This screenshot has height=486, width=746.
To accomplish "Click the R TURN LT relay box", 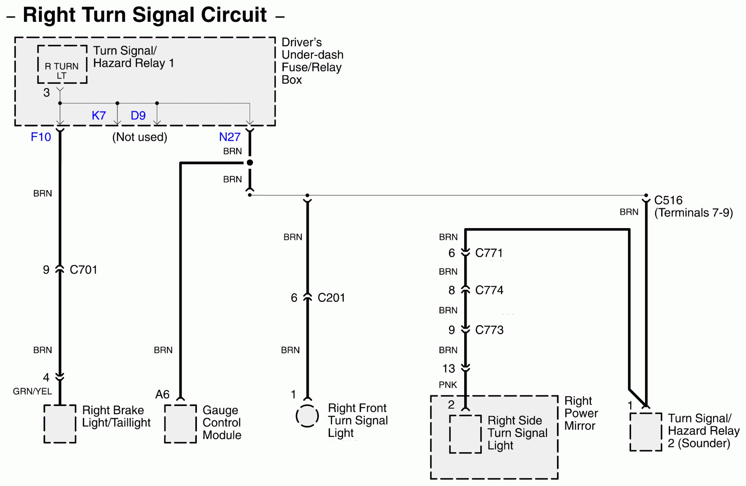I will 62,64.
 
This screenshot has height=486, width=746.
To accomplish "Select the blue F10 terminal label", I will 41,137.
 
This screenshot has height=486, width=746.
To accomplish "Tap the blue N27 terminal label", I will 230,137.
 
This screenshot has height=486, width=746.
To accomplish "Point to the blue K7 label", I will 99,116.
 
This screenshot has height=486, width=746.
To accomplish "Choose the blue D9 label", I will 138,116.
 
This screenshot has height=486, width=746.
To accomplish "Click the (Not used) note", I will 140,137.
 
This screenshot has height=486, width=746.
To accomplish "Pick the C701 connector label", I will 83,270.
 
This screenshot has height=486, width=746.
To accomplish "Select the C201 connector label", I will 331,298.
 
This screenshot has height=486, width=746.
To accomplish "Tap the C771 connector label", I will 489,253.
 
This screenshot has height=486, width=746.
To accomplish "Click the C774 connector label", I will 489,290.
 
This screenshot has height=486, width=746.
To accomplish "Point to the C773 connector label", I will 489,330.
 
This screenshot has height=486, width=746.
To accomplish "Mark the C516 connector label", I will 668,200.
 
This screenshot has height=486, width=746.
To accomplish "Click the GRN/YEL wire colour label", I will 32,391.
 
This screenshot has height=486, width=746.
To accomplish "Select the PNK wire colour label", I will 448,385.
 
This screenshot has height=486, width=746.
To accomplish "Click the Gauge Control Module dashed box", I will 181,424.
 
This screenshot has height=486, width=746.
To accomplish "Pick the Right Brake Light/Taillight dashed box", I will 60,424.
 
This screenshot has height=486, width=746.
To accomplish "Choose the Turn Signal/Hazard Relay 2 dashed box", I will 646,432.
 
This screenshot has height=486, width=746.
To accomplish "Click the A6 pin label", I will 162,394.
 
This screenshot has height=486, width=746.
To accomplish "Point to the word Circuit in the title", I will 233,15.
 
